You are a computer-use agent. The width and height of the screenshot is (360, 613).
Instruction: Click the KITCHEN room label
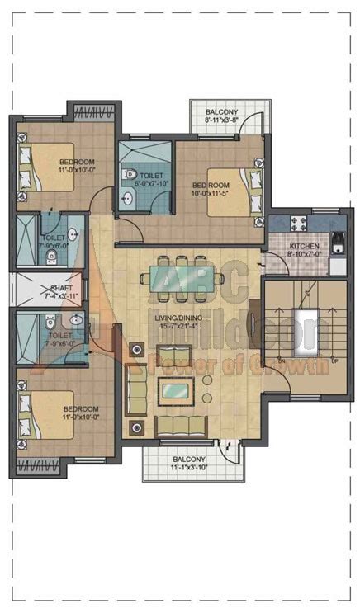304,247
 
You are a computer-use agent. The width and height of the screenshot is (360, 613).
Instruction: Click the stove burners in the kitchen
296,223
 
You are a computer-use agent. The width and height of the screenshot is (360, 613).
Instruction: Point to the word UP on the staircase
334,361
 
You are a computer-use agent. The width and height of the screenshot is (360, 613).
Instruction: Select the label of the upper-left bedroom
77,161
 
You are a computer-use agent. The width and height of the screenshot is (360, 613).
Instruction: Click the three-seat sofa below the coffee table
181,426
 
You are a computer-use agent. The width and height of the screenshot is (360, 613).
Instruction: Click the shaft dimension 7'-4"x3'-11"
59,295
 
